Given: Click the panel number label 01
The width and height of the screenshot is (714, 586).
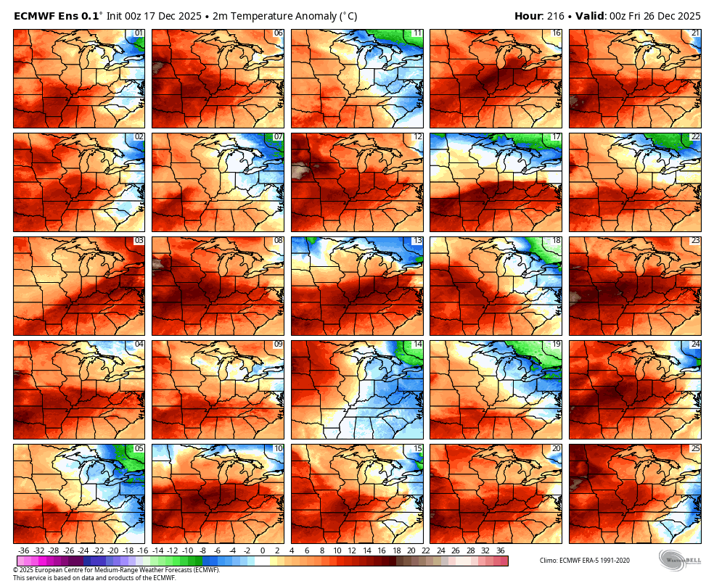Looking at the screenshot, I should (x=139, y=33).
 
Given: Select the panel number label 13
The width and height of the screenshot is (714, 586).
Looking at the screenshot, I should (x=416, y=241).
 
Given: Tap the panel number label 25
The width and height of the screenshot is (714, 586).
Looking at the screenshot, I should (x=695, y=448).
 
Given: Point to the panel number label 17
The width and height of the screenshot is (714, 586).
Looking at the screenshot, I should (x=556, y=137).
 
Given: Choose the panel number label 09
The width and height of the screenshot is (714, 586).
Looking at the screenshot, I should (x=278, y=344).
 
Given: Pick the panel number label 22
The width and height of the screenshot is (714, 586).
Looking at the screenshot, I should (x=695, y=137).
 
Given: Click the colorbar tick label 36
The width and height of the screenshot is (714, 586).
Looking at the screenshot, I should (x=500, y=550).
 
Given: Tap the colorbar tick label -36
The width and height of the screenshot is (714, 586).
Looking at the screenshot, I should (x=23, y=550).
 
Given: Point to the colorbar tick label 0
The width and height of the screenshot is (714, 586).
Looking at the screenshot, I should (x=262, y=550).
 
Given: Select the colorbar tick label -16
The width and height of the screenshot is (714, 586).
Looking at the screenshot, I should (x=142, y=550).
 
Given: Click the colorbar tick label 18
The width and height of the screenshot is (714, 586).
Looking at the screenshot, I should (x=381, y=550).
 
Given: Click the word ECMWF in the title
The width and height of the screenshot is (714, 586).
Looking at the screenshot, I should (x=36, y=16).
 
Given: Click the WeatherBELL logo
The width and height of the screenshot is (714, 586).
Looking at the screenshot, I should (x=679, y=561).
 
